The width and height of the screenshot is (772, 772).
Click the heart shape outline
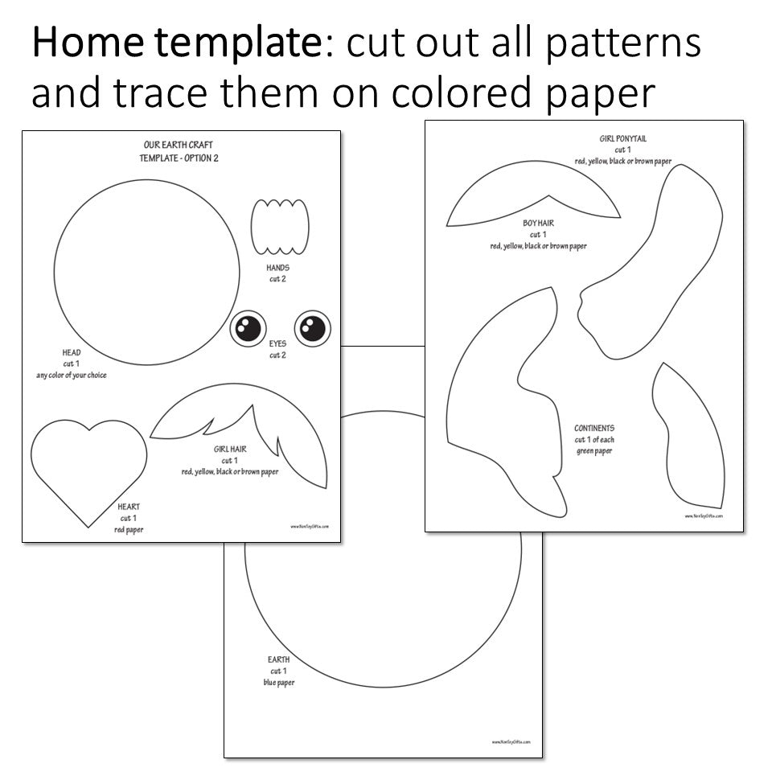pyautogui.click(x=88, y=466)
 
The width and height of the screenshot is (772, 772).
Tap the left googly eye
pyautogui.click(x=249, y=327)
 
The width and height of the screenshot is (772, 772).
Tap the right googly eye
pyautogui.click(x=313, y=327)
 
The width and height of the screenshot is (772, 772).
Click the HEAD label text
pyautogui.click(x=72, y=352)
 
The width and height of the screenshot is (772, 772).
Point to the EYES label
pyautogui.click(x=277, y=343)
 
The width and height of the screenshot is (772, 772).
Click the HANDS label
pyautogui.click(x=277, y=268)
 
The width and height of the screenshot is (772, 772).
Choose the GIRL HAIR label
pyautogui.click(x=230, y=449)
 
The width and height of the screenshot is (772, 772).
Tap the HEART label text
pyautogui.click(x=129, y=507)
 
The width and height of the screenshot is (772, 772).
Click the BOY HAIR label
pyautogui.click(x=538, y=223)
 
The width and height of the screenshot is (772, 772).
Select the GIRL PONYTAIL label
pyautogui.click(x=622, y=139)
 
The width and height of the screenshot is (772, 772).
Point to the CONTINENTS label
pyautogui.click(x=594, y=429)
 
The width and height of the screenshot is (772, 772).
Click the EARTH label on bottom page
pyautogui.click(x=279, y=659)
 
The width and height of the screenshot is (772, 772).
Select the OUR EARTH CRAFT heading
pyautogui.click(x=178, y=146)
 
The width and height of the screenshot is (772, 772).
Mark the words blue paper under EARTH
pyautogui.click(x=279, y=683)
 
